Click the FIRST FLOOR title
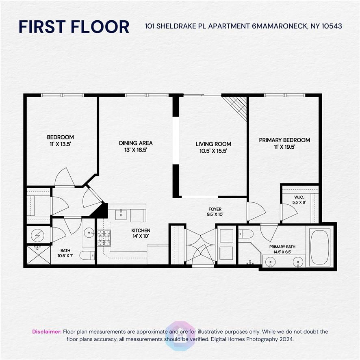pyautogui.click(x=74, y=27)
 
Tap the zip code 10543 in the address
pyautogui.click(x=332, y=26)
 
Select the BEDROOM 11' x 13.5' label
pyautogui.click(x=61, y=141)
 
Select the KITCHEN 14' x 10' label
pyautogui.click(x=141, y=233)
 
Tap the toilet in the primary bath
pyautogui.click(x=246, y=234)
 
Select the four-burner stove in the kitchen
pyautogui.click(x=104, y=238)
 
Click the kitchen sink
pyautogui.click(x=121, y=215)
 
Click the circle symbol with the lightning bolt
pyautogui.click(x=37, y=235)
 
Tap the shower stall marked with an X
pyautogui.click(x=39, y=255)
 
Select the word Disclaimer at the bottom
pyautogui.click(x=47, y=332)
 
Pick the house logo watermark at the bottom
pyautogui.click(x=180, y=336)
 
